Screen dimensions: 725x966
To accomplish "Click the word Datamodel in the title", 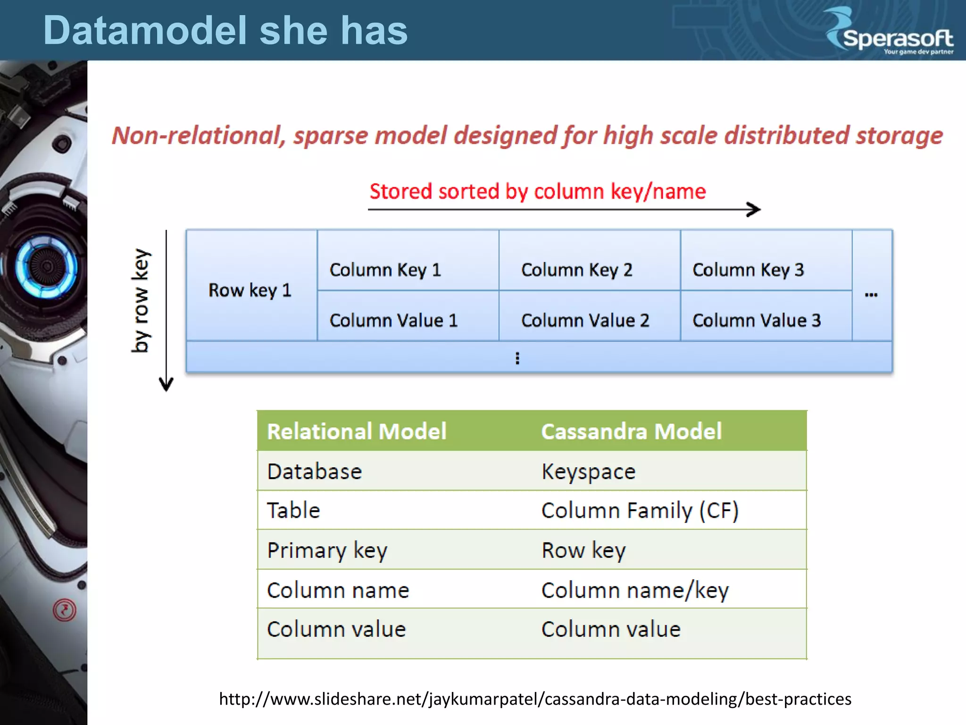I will pos(145,31).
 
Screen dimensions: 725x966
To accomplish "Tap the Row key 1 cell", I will pos(251,290).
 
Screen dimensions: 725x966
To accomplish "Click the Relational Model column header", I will pos(357,431).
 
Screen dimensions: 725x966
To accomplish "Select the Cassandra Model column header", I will pos(631,431).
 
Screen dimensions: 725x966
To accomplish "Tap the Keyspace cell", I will pos(588,472).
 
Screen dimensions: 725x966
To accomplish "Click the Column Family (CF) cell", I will pos(640,511).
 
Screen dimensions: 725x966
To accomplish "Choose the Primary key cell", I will pos(327,550).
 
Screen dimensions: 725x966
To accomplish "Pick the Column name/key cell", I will pos(635,590).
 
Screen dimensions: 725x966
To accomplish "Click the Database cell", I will pos(314,472).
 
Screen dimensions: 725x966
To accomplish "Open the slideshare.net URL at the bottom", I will pos(535,699).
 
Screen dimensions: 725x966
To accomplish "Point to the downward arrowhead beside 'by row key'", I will pos(166,385).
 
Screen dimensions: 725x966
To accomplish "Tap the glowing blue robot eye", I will pos(46,267).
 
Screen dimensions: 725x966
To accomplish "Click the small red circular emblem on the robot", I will pos(65,610).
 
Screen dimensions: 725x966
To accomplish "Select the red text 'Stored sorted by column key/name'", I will pos(537,192).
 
